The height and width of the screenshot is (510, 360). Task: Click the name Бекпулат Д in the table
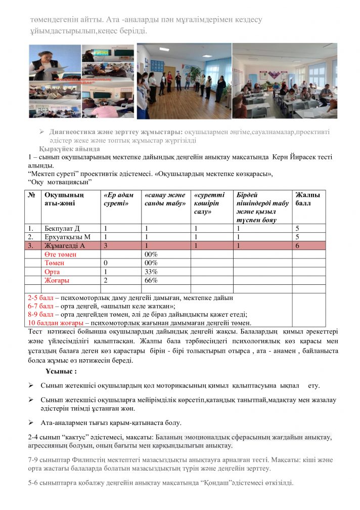(62, 228)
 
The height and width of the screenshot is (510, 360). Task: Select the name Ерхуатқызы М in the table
(68, 237)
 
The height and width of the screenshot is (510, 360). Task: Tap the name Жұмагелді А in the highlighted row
(65, 245)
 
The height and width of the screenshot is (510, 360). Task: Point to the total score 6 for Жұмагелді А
(298, 245)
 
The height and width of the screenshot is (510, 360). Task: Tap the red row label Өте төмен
(60, 254)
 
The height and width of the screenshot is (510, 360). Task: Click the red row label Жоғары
(57, 280)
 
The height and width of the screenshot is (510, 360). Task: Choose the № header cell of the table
(32, 195)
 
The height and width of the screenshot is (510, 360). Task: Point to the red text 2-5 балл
(40, 298)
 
